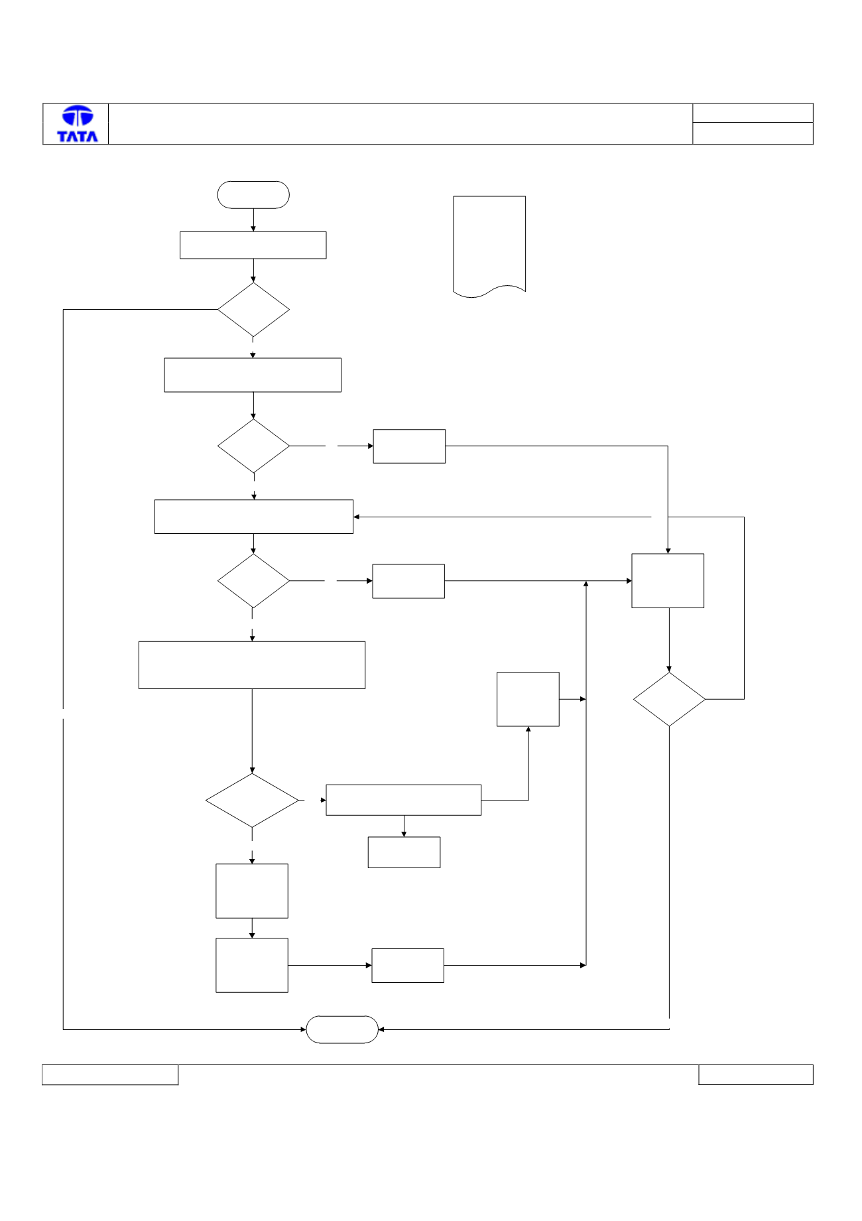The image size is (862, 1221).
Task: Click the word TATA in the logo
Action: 78,136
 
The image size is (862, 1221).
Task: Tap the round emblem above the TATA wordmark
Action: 78,116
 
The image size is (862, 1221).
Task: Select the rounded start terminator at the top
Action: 253,195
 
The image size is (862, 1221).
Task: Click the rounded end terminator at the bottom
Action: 342,1029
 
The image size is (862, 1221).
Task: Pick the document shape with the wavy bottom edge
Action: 489,246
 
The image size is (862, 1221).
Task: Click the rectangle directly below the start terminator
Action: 253,245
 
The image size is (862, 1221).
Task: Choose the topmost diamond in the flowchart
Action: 253,310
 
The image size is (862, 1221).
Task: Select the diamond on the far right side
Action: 669,699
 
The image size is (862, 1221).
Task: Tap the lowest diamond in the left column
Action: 252,801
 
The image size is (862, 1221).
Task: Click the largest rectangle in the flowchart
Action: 252,665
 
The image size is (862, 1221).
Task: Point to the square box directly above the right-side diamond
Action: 668,581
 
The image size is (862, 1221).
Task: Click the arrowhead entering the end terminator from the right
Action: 381,1029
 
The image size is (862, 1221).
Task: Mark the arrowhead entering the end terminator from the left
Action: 303,1029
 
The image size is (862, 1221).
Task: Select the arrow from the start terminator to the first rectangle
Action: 253,220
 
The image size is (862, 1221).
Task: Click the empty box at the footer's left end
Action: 110,1074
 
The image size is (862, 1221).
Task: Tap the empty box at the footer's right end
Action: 756,1074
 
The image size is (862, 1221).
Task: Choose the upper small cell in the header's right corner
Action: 753,113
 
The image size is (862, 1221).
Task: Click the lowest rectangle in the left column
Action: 252,965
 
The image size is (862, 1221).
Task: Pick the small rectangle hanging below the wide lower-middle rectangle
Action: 404,852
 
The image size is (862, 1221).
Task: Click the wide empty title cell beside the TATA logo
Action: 400,124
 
